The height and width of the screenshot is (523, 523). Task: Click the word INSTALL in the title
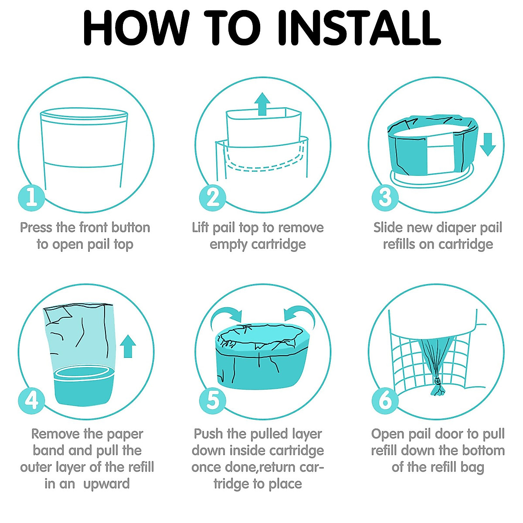pyautogui.click(x=359, y=28)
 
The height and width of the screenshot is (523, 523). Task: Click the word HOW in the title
pyautogui.click(x=136, y=28)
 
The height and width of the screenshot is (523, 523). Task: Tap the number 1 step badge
pyautogui.click(x=31, y=197)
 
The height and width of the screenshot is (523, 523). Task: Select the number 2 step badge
pyautogui.click(x=213, y=197)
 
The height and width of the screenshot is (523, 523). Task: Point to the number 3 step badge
pyautogui.click(x=385, y=197)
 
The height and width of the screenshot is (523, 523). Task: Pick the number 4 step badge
pyautogui.click(x=31, y=401)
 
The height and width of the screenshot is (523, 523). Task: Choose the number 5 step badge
pyautogui.click(x=213, y=401)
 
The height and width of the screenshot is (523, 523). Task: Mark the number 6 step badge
pyautogui.click(x=385, y=401)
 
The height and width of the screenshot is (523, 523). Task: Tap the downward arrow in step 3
pyautogui.click(x=488, y=144)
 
